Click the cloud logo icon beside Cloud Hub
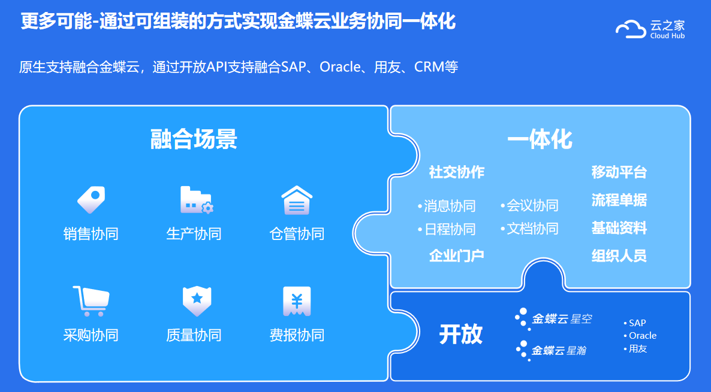[x=631, y=29]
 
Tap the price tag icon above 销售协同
[x=91, y=200]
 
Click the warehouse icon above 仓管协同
[x=297, y=200]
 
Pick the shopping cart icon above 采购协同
[x=91, y=301]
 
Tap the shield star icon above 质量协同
[x=197, y=301]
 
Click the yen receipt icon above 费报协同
[x=297, y=301]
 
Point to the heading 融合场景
[x=194, y=139]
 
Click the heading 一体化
[x=540, y=139]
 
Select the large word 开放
[x=460, y=335]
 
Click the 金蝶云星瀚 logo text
[x=559, y=350]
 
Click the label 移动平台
[x=619, y=172]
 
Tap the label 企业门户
[x=457, y=256]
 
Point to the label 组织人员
[x=619, y=256]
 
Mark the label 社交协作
[x=457, y=172]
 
